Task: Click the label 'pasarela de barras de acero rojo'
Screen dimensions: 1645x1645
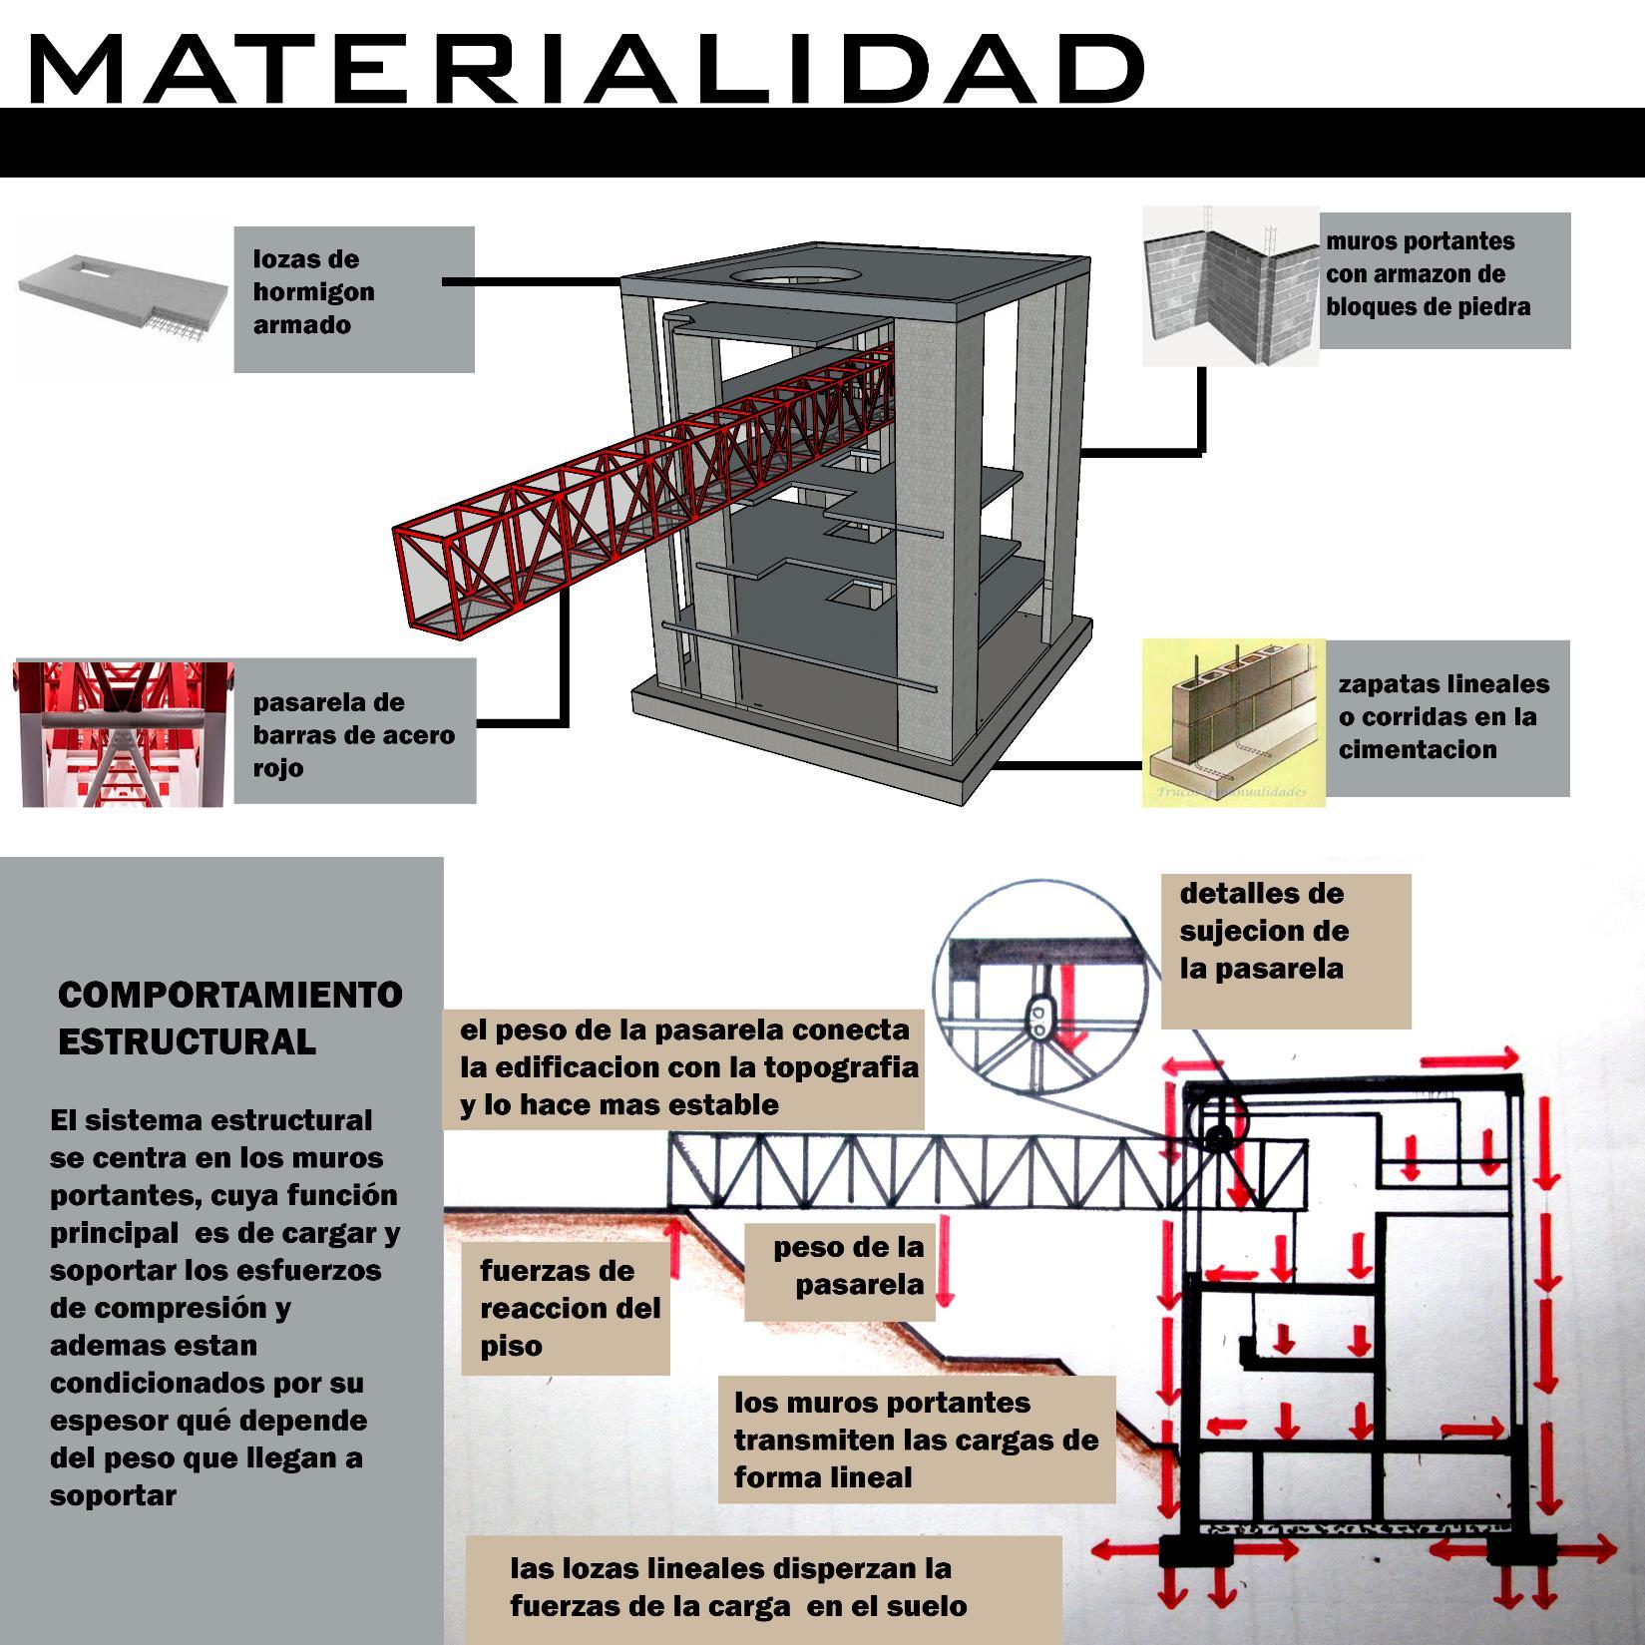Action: pyautogui.click(x=354, y=734)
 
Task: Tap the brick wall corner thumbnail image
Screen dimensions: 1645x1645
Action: pyautogui.click(x=1230, y=286)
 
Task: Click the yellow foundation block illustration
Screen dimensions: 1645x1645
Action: pyautogui.click(x=1233, y=722)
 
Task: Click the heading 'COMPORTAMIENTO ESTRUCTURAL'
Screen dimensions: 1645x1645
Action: pyautogui.click(x=229, y=1018)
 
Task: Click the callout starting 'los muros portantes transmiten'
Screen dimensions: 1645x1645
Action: pyautogui.click(x=916, y=1439)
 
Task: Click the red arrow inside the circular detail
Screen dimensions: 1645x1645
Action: pyautogui.click(x=1072, y=1010)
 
